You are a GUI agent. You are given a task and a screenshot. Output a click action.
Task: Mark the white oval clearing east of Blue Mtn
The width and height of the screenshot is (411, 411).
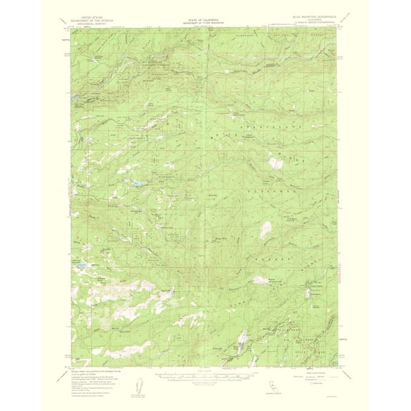(x=265, y=230)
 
